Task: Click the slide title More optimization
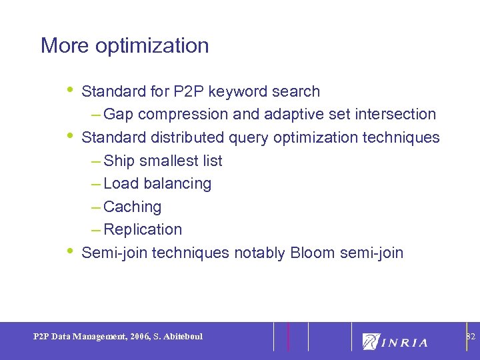125,46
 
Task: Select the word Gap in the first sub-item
119,115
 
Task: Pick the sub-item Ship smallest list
163,161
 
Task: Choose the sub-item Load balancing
157,184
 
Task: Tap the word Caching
133,207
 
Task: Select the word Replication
143,230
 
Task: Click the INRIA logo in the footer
395,341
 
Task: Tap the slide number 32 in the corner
470,335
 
